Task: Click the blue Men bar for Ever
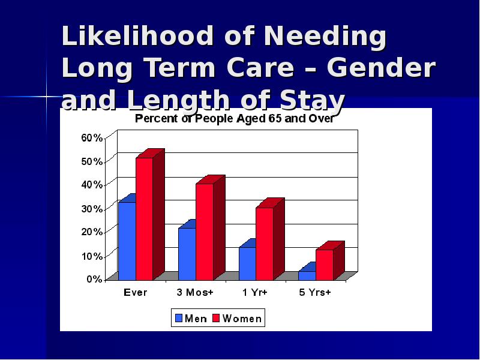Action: coord(127,241)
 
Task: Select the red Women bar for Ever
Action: coord(144,218)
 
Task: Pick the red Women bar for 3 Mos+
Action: coord(204,232)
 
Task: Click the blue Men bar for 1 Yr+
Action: coord(247,263)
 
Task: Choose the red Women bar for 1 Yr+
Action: coord(265,244)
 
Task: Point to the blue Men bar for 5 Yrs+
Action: coord(307,275)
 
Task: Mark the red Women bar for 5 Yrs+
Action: coord(325,265)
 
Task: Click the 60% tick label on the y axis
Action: coord(92,137)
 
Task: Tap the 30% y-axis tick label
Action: coord(92,208)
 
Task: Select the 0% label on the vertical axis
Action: coord(94,279)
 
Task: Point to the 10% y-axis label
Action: coord(92,256)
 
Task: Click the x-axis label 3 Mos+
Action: coord(195,293)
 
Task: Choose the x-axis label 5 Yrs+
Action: coord(315,293)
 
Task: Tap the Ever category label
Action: coord(135,293)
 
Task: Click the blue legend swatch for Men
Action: coord(178,318)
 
